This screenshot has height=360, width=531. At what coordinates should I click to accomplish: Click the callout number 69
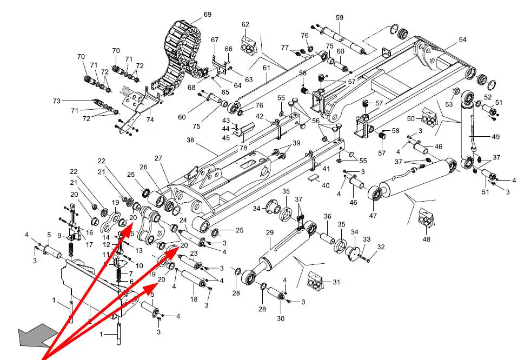[x=208, y=14]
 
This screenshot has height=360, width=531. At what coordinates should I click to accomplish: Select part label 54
[x=462, y=40]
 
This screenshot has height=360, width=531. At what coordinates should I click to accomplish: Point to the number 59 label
[x=340, y=18]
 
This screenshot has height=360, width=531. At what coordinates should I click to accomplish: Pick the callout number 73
[x=57, y=101]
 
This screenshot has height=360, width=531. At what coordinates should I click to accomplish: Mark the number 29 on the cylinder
[x=269, y=232]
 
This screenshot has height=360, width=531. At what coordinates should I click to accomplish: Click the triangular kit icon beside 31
[x=315, y=281]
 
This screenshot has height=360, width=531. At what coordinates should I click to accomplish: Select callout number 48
[x=427, y=239]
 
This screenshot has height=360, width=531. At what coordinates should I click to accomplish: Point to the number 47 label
[x=373, y=216]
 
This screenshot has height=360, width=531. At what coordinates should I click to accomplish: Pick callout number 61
[x=267, y=68]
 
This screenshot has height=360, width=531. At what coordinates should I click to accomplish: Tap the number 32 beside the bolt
[x=381, y=247]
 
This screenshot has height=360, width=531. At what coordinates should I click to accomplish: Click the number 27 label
[x=158, y=158]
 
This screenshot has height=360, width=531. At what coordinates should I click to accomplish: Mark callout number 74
[x=150, y=119]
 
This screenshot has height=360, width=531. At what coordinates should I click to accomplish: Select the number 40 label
[x=325, y=185]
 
